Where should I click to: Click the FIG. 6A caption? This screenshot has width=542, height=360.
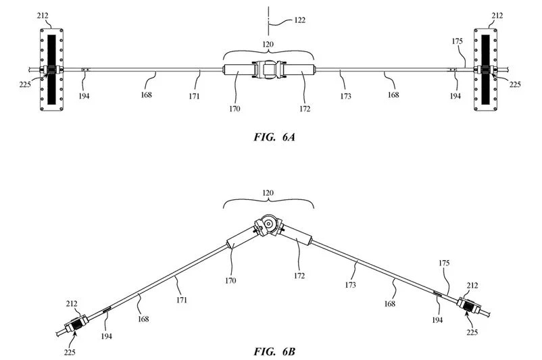[x=274, y=137]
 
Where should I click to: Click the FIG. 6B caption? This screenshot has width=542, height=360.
[x=274, y=352]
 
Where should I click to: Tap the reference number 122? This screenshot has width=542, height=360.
[x=299, y=20]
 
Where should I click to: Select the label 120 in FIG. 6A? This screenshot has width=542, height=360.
[x=268, y=44]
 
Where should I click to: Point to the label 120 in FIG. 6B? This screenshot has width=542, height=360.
[x=268, y=192]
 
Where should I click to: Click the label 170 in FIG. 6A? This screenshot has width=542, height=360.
[x=235, y=109]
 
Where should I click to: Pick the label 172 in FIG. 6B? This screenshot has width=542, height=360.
[x=299, y=276]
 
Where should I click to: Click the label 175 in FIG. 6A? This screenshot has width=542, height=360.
[x=457, y=41]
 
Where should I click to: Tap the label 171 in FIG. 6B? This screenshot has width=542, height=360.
[x=182, y=300]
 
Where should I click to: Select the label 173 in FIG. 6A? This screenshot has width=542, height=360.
[x=345, y=96]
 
